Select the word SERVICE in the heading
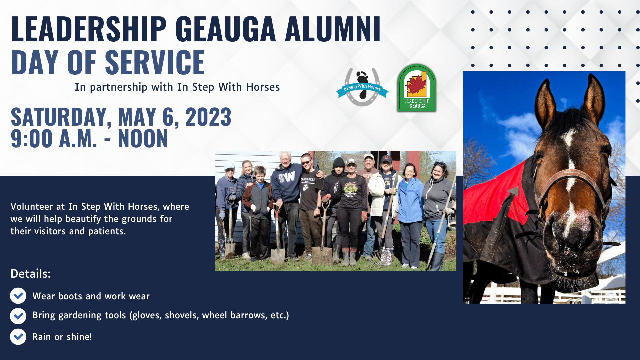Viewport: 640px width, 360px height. tap(155, 62)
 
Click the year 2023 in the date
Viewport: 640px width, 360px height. tap(208, 117)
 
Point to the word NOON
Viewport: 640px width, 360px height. tap(143, 139)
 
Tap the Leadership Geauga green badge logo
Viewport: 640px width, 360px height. tap(417, 88)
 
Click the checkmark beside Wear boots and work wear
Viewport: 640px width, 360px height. tap(18, 296)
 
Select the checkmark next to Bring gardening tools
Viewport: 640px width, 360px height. tap(18, 316)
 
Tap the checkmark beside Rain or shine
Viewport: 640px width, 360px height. tap(18, 337)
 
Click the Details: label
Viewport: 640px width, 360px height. tap(30, 274)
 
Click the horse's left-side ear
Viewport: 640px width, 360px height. tap(545, 100)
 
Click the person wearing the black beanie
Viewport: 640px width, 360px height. tap(337, 187)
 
